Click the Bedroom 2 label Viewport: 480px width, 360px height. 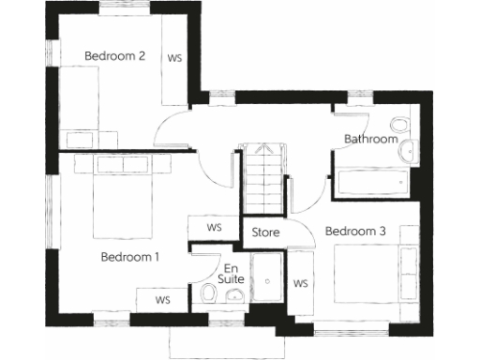(114, 56)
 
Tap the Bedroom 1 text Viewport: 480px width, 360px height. (130, 256)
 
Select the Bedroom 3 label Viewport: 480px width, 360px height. (355, 231)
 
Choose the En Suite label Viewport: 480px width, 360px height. (229, 272)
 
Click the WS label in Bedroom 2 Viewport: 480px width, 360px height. (174, 57)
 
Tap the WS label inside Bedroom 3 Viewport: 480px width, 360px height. (302, 283)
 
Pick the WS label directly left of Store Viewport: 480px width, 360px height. (215, 228)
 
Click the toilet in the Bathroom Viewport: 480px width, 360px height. (399, 126)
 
